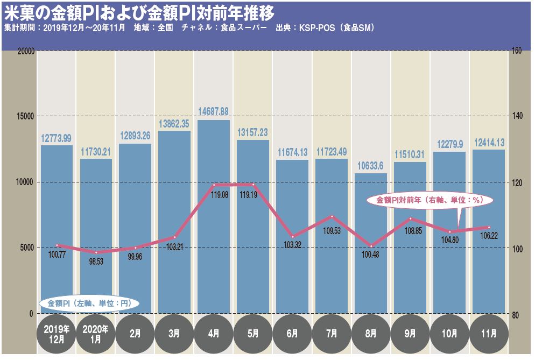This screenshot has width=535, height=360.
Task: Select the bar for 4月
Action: click(214, 215)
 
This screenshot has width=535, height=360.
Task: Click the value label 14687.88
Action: click(214, 112)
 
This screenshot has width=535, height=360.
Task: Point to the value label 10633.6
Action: click(371, 165)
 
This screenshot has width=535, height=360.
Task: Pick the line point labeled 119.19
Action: click(253, 185)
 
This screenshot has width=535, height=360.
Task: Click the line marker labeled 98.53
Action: click(96, 252)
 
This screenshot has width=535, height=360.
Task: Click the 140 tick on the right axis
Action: click(517, 116)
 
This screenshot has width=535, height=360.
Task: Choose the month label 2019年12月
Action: click(56, 334)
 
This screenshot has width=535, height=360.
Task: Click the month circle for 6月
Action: click(292, 334)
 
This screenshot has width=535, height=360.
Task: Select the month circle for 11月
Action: click(489, 334)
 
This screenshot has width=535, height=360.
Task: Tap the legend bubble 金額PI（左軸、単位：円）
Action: click(89, 303)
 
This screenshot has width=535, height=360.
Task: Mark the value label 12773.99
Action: click(57, 138)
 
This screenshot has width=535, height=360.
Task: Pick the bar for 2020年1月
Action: click(96, 237)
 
